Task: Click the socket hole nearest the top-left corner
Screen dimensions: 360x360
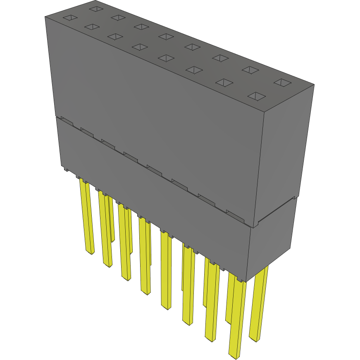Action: (x=70, y=18)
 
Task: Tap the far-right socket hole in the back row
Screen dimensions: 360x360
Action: (x=282, y=83)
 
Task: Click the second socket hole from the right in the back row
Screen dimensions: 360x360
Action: (x=250, y=70)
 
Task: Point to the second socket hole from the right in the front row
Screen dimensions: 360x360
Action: (x=224, y=83)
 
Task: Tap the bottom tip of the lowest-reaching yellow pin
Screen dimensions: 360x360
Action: (x=235, y=355)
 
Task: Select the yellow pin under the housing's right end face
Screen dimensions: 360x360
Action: (x=258, y=306)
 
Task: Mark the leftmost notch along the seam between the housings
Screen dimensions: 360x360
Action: (x=67, y=121)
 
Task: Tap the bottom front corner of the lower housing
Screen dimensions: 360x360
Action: (x=246, y=281)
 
